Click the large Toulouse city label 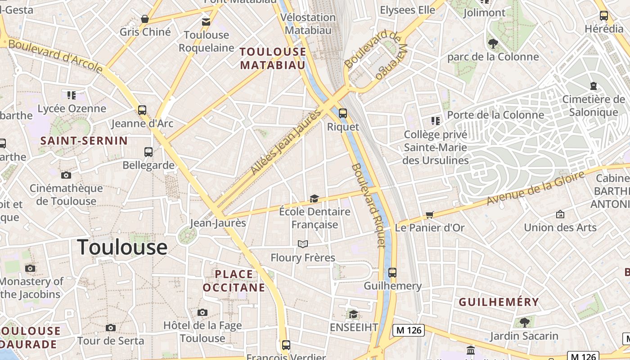[x=122, y=247]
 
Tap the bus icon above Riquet [x=343, y=113]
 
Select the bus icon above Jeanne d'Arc [x=142, y=110]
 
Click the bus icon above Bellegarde [x=148, y=152]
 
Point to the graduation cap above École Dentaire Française [x=314, y=198]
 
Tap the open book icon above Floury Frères [x=303, y=244]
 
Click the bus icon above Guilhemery [x=392, y=272]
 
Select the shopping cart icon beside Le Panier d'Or [x=429, y=215]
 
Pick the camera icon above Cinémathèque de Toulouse [x=66, y=175]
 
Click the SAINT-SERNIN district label [x=84, y=141]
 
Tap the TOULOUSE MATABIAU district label [x=273, y=58]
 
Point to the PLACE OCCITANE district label [x=234, y=280]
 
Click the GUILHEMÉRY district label [x=499, y=302]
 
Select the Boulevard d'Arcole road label [x=55, y=56]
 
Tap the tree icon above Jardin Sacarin [x=524, y=322]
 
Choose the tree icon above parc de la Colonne [x=493, y=43]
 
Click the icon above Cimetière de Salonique [x=594, y=85]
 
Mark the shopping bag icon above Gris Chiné [x=145, y=19]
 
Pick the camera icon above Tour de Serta [x=111, y=328]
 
